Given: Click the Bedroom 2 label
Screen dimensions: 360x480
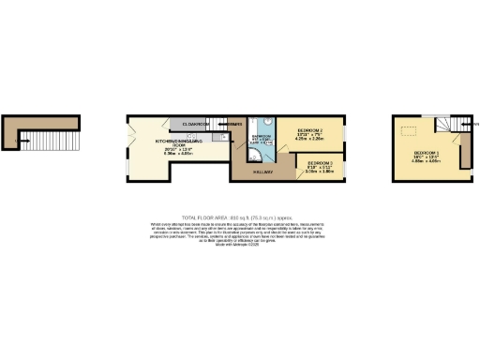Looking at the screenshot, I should coord(310,130).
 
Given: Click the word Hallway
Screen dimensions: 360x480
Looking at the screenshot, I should coord(263,172).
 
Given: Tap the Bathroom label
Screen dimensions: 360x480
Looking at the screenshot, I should coord(260,137).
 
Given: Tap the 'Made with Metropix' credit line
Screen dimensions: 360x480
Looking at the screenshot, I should coord(240,246).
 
